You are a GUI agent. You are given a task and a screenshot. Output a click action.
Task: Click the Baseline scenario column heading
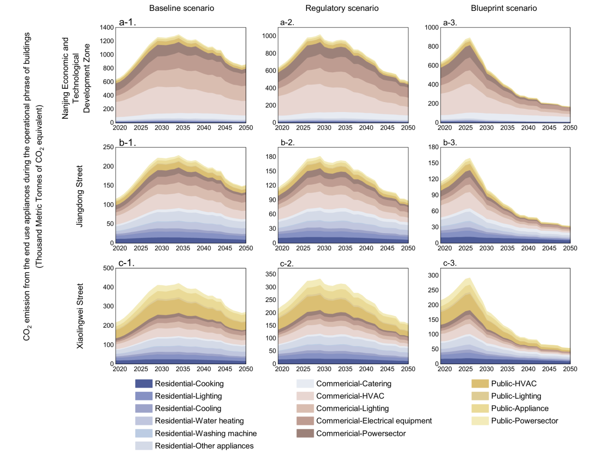182,8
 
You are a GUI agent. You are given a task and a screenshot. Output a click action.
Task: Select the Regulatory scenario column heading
342,8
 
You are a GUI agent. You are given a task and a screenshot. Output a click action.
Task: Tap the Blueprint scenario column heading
504,8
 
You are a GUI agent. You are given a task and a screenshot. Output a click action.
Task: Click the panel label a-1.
127,22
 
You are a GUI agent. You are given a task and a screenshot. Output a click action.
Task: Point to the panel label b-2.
288,142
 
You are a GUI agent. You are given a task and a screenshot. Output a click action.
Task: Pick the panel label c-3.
450,263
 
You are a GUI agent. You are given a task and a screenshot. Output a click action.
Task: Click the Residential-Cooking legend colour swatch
144,384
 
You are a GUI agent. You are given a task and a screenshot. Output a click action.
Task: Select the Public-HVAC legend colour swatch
480,384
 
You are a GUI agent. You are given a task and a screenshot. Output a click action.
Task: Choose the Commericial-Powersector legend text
361,434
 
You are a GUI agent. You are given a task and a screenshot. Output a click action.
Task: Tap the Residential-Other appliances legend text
204,446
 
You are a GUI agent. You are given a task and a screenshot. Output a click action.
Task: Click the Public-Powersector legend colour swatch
480,421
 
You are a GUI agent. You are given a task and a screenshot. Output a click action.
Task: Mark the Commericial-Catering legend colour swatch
305,384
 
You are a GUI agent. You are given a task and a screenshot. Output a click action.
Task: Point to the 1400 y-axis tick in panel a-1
107,28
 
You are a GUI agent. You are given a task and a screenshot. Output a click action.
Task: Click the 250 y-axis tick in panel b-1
108,147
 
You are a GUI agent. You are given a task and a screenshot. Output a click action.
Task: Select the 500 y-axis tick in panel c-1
108,268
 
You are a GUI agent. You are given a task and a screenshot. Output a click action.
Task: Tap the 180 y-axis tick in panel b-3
433,147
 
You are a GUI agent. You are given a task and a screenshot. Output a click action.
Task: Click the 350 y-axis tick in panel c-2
271,274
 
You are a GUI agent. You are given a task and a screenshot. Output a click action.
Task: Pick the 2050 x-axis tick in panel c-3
570,369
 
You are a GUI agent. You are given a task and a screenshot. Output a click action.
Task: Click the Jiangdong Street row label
80,196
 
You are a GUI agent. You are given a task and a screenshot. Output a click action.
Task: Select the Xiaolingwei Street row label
80,316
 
